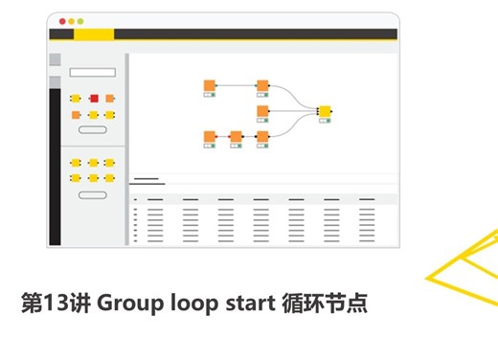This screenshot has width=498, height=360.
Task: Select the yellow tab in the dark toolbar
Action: click(93, 34)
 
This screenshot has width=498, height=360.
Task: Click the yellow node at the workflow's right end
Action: click(325, 112)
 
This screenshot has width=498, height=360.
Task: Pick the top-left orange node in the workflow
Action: click(210, 85)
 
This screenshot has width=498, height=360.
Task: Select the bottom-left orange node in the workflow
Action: click(210, 137)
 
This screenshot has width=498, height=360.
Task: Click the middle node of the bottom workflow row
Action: click(237, 137)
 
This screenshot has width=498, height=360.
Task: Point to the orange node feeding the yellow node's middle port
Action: click(262, 111)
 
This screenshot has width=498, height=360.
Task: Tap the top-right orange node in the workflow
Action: click(262, 85)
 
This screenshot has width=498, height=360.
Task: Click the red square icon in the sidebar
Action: click(93, 99)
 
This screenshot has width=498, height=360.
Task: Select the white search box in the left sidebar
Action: click(93, 73)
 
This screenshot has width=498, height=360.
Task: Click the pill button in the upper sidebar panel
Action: click(92, 128)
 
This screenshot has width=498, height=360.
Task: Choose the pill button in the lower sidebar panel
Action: click(92, 194)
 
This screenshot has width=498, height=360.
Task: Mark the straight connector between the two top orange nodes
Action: click(236, 85)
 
